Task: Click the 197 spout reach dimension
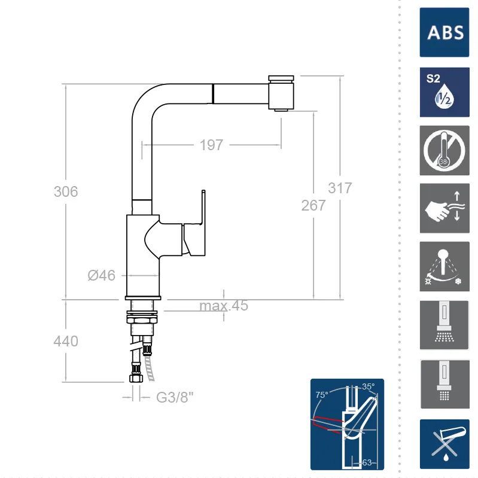click(211, 145)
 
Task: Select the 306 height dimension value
click(66, 191)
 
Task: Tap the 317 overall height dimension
click(340, 188)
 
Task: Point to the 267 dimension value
click(313, 205)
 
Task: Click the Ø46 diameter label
click(102, 275)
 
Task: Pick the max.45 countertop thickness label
click(224, 306)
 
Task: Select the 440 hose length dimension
click(66, 341)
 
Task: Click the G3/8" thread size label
click(175, 397)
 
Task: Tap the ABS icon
click(444, 32)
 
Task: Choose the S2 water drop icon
click(444, 92)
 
